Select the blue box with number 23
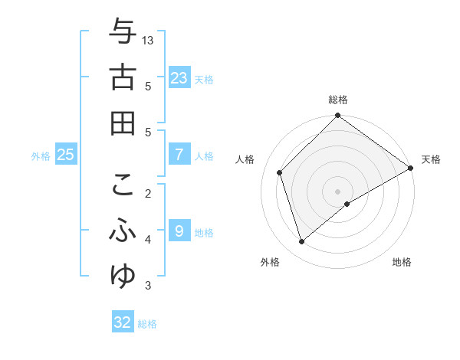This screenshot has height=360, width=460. pyautogui.click(x=179, y=77)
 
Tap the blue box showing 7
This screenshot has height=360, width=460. pyautogui.click(x=179, y=155)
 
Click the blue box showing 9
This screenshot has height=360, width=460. pyautogui.click(x=179, y=230)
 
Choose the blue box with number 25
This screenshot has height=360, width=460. pyautogui.click(x=66, y=155)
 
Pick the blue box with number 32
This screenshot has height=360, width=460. pyautogui.click(x=123, y=322)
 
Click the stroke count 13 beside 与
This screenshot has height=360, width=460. pyautogui.click(x=149, y=39)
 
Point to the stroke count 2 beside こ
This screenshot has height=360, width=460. pyautogui.click(x=149, y=193)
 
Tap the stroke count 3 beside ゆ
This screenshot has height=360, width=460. pyautogui.click(x=149, y=286)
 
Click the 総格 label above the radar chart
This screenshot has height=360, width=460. pyautogui.click(x=338, y=100)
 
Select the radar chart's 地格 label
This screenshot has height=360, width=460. pyautogui.click(x=402, y=262)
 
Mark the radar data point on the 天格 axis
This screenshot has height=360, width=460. pyautogui.click(x=411, y=169)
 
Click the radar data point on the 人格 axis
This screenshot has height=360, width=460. pyautogui.click(x=280, y=172)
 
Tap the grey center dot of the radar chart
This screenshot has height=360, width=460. pyautogui.click(x=338, y=191)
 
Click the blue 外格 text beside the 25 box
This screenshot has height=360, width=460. pyautogui.click(x=41, y=156)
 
